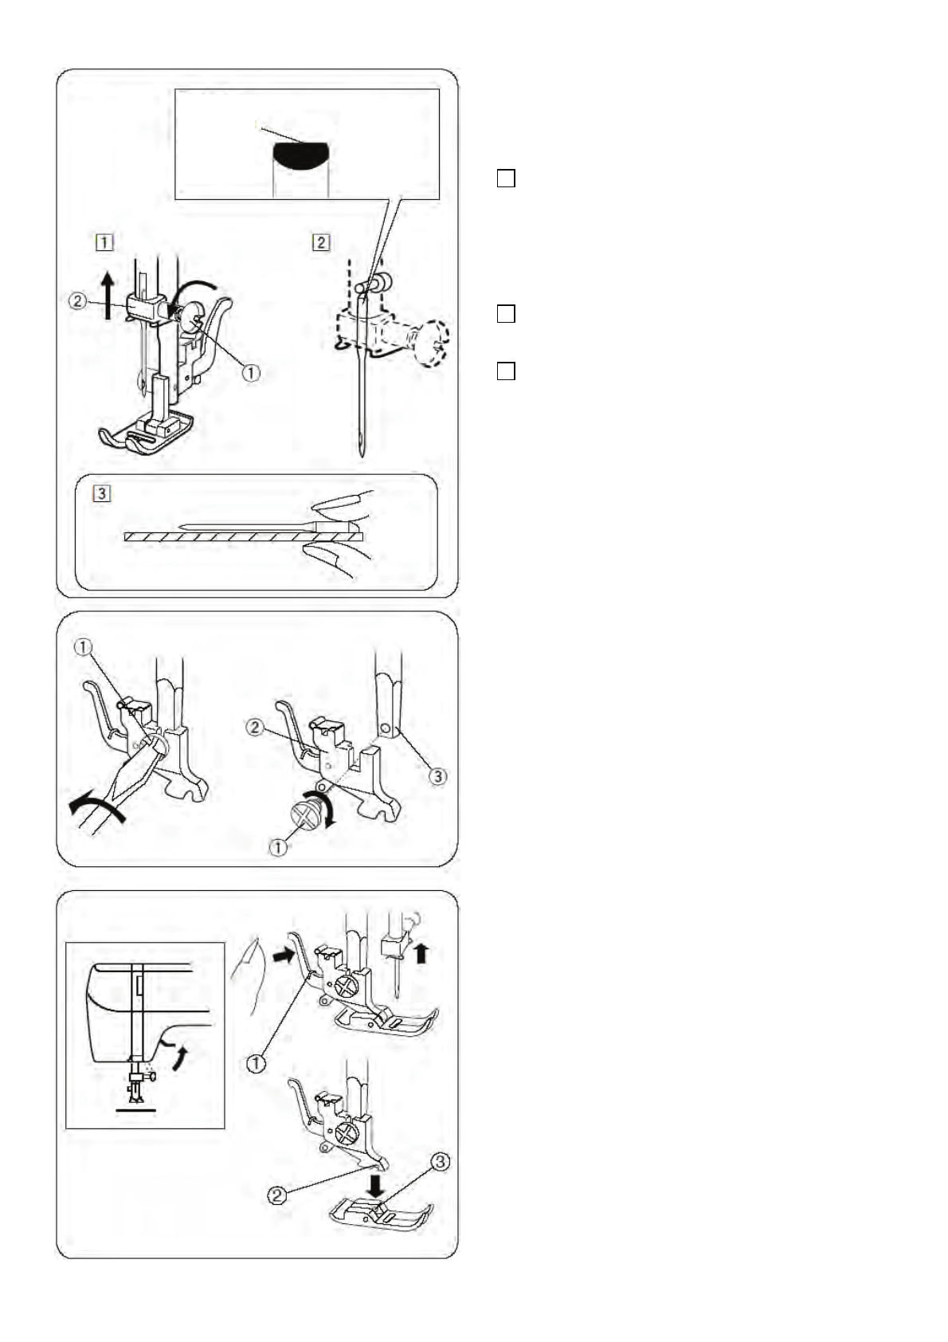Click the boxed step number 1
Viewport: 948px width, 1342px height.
click(104, 242)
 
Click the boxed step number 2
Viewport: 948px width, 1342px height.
click(321, 242)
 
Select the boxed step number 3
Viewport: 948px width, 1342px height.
click(102, 493)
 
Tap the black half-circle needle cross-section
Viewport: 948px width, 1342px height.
click(300, 157)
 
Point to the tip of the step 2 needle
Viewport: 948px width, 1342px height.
click(362, 457)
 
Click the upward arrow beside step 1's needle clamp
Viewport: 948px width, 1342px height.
click(108, 296)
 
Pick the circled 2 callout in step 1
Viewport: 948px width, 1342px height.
click(77, 300)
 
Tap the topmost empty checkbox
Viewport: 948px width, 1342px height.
click(506, 179)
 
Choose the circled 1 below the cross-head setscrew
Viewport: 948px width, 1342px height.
click(278, 847)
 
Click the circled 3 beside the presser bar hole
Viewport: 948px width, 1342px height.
click(438, 776)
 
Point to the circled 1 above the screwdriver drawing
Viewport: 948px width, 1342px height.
click(83, 647)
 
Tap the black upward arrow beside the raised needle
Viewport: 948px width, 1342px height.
click(421, 952)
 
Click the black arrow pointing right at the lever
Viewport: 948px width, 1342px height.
click(284, 957)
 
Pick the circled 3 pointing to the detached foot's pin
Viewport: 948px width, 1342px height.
click(441, 1162)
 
